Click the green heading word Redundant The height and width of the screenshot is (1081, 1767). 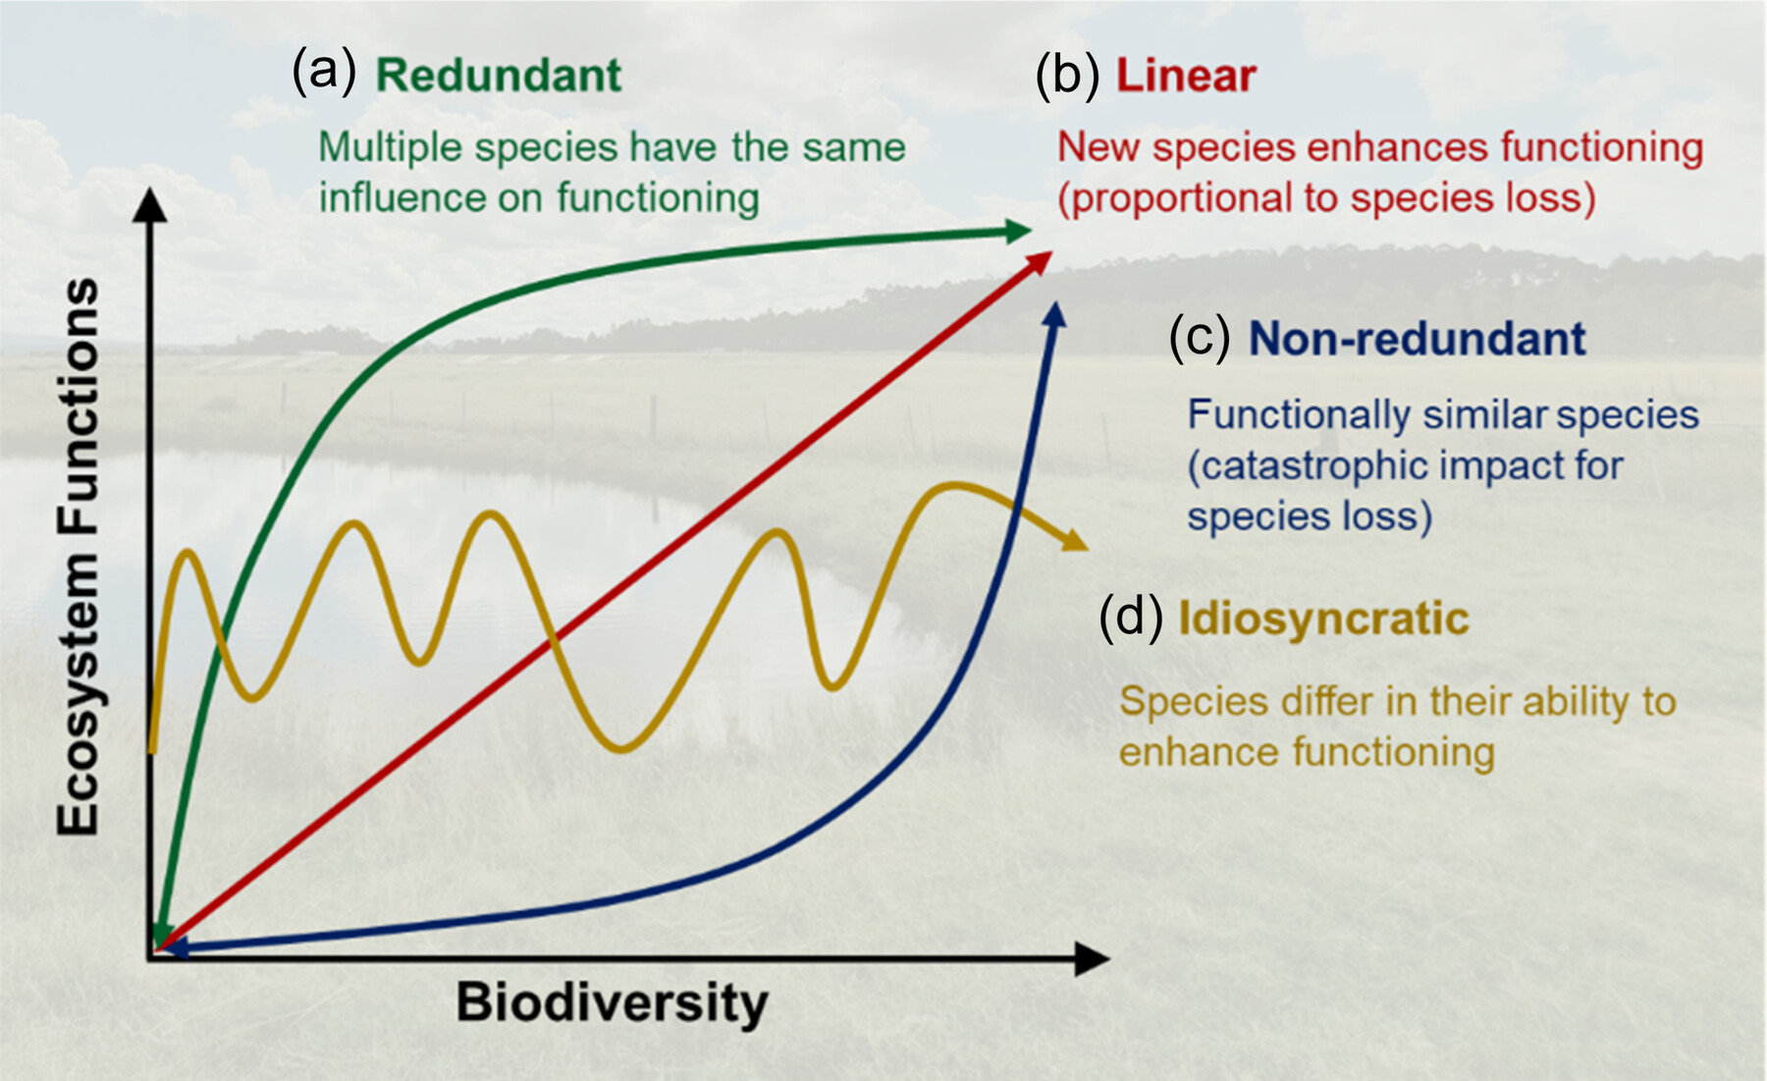point(499,76)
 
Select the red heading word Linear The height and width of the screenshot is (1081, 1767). point(1186,76)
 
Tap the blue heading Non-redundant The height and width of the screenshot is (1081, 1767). point(1417,339)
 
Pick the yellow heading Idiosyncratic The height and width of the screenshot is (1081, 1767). point(1323,620)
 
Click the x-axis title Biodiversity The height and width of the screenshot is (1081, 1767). point(612,1003)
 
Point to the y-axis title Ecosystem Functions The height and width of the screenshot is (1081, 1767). point(79,557)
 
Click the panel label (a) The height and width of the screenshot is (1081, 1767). point(324,73)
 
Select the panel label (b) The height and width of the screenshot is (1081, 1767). point(1067,76)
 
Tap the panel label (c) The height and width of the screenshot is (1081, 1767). point(1199,339)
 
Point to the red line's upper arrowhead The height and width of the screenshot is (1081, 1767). point(1039,262)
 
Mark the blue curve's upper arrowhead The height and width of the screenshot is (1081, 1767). point(1054,314)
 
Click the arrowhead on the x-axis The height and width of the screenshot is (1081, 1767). point(1092,958)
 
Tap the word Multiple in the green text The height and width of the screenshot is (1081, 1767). point(390,148)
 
